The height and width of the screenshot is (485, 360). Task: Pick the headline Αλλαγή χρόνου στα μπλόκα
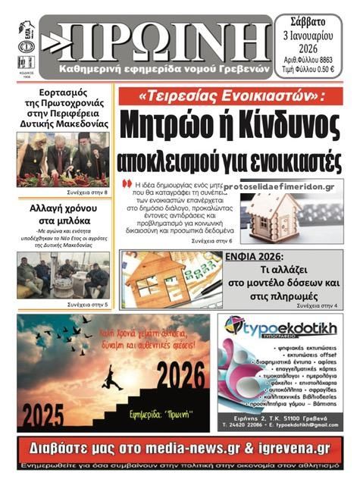coord(63,214)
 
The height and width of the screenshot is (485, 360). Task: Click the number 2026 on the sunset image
coord(179,374)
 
